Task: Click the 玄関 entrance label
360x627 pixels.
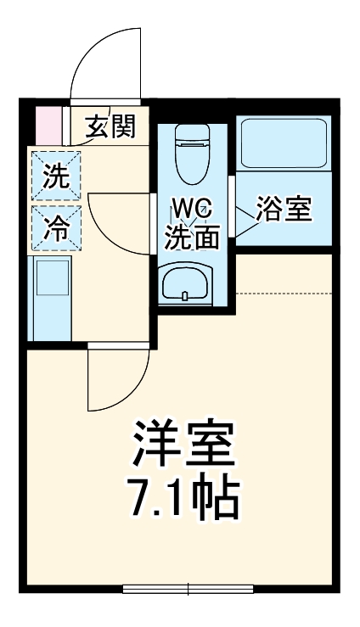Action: [110, 127]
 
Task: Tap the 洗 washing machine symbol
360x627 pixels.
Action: [55, 177]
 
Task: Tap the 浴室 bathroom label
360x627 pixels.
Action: [284, 209]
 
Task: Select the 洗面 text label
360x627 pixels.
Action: [192, 238]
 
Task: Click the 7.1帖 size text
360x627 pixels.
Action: [183, 501]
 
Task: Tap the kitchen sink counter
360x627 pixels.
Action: [51, 297]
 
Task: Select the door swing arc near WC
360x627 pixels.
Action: [119, 222]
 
